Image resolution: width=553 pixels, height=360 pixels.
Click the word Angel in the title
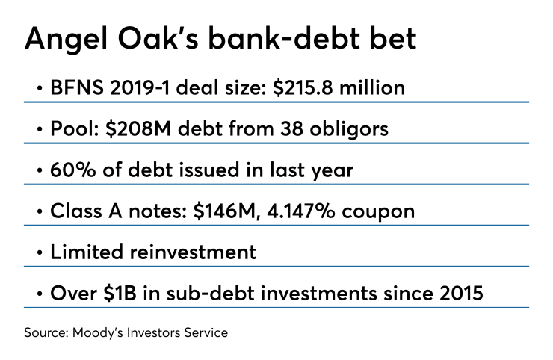tap(66, 40)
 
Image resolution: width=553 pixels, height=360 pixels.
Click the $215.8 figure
tap(303, 87)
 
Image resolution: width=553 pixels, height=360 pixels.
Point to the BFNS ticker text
tap(77, 87)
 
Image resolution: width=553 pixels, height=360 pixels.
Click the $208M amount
tap(138, 128)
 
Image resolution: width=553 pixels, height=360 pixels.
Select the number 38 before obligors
tap(291, 128)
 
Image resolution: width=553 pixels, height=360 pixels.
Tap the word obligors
tap(349, 129)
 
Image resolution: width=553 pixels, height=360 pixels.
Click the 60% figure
tap(72, 170)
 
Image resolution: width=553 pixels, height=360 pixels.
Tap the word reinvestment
tap(194, 252)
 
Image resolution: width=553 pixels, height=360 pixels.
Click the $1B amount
tap(120, 293)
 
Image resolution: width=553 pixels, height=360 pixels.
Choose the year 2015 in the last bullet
tap(461, 294)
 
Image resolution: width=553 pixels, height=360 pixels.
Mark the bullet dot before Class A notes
tap(40, 211)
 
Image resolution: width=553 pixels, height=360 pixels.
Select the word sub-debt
tap(211, 293)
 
